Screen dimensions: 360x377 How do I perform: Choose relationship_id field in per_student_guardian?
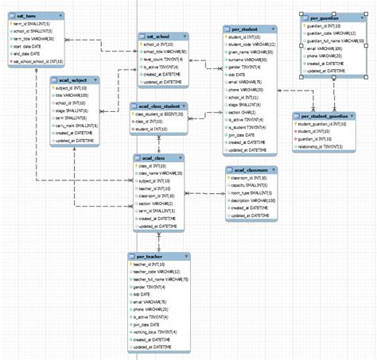coord(327,146)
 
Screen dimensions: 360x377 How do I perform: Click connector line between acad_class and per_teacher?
coord(158,242)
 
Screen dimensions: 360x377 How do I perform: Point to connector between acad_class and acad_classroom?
coord(204,194)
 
